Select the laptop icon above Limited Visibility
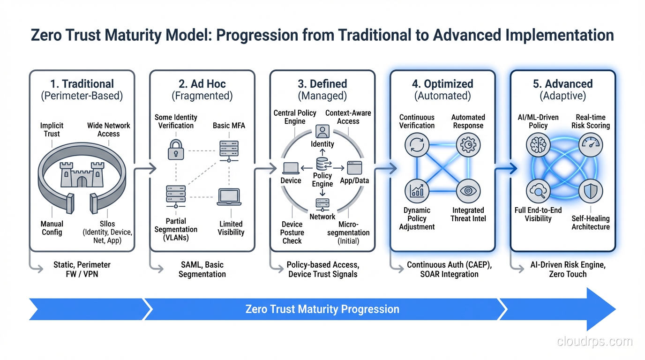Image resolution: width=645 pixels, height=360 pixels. pos(229,197)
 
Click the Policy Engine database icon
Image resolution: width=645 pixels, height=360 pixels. pos(322,164)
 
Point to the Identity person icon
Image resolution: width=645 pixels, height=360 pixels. pos(322,131)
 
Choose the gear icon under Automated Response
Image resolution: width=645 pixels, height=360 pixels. pos(468,146)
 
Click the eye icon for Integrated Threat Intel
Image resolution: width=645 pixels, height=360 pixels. pos(468,191)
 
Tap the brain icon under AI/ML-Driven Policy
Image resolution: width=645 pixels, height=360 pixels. pos(538,145)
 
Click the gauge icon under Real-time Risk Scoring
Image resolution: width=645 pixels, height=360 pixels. pos(590,145)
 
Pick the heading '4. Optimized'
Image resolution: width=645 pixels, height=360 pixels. pos(442,84)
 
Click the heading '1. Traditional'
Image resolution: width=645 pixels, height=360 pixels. pos(82,84)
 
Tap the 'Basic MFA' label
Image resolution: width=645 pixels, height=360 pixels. pos(229,126)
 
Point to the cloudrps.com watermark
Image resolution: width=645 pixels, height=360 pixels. pos(594,341)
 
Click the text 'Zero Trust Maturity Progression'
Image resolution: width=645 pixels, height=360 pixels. pos(322,309)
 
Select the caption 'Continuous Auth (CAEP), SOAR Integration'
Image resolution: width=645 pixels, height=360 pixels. pos(449,270)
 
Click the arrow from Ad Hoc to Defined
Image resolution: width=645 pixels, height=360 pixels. pos(262,168)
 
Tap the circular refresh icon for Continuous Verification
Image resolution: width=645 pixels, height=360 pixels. pos(417,146)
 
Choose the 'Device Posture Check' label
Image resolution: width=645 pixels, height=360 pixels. pos(292,232)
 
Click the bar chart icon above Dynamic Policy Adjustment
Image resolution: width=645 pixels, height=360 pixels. pos(417,191)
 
